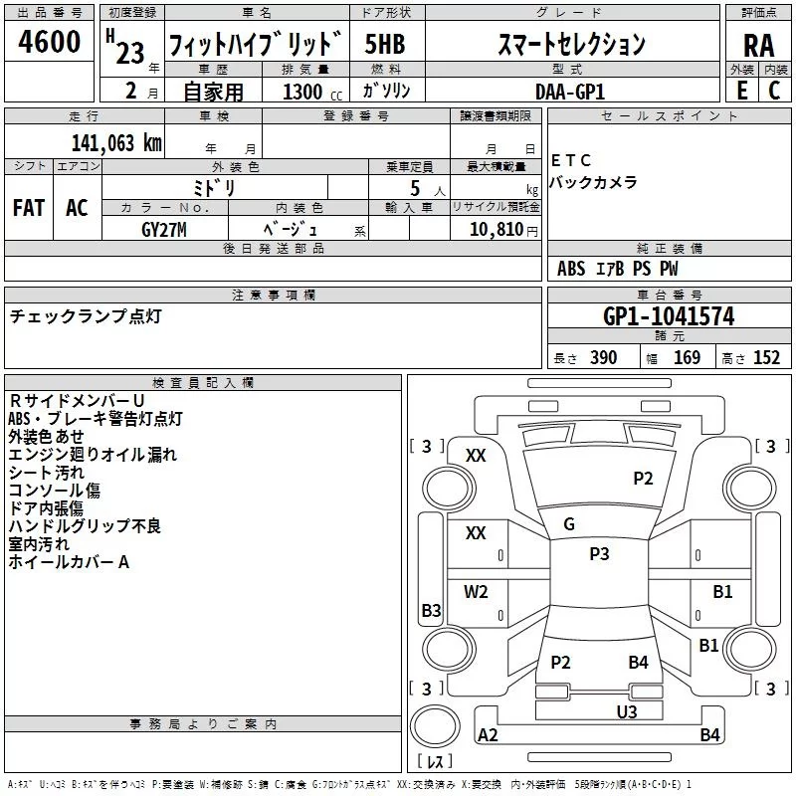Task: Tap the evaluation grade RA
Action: pos(758,46)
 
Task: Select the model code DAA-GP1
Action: pos(570,91)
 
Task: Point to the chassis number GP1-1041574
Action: pos(669,316)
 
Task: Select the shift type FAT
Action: pos(28,207)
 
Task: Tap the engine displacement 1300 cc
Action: pos(309,92)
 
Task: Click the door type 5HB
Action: pos(384,45)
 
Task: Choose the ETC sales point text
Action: pos(571,160)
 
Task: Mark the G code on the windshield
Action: pos(569,524)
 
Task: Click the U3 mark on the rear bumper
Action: pos(626,711)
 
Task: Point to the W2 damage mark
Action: pos(476,592)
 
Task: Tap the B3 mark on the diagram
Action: pos(431,611)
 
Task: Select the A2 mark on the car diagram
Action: pos(488,735)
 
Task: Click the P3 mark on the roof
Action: pos(599,554)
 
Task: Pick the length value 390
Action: pos(603,358)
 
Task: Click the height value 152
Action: pos(766,358)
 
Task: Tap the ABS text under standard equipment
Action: pos(571,269)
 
